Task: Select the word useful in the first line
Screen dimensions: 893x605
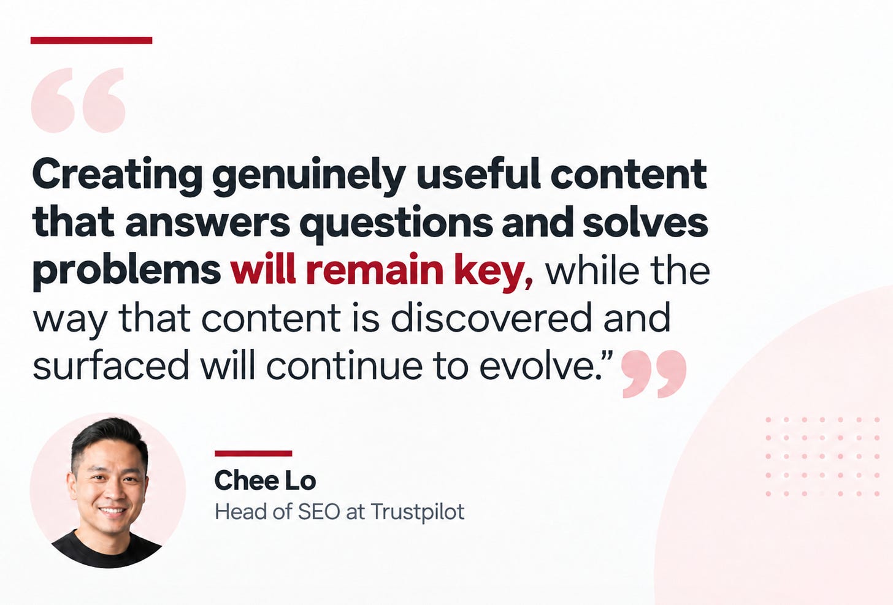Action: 478,173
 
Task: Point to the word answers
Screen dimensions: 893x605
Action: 208,223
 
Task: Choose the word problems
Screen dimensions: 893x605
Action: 127,271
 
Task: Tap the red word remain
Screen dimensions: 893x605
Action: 374,270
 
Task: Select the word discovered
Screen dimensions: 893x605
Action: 491,318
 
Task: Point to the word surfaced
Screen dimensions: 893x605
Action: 110,364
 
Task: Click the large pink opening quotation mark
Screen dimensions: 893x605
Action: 78,100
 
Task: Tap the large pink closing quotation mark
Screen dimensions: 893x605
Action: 654,374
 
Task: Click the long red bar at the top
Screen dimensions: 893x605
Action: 91,40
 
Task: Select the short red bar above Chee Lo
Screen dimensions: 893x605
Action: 253,453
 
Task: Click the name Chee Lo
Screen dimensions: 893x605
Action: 265,480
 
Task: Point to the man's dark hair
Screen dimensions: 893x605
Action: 110,438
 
